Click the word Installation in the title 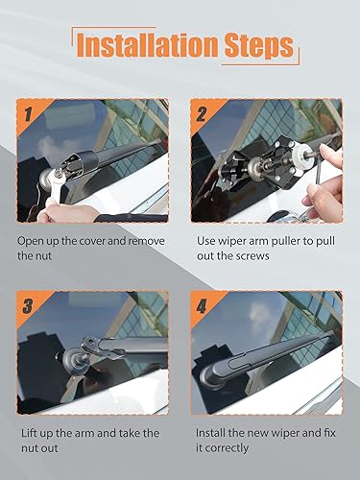click(139, 44)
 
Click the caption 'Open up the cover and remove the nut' click(90, 250)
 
